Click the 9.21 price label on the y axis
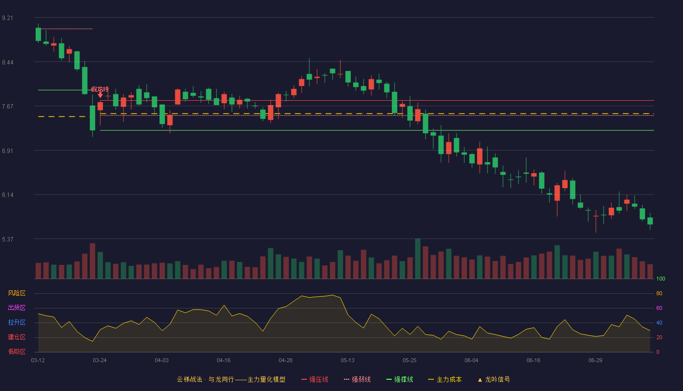[7, 18]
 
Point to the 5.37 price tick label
[7, 239]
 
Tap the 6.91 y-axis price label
[7, 151]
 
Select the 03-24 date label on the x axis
[100, 361]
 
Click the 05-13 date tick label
[347, 361]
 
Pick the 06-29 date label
[596, 361]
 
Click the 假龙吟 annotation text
[100, 89]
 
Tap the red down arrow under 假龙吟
[100, 95]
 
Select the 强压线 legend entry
[315, 379]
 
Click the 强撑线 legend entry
[400, 379]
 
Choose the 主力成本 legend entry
[445, 379]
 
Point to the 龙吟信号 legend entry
[494, 379]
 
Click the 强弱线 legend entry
[357, 379]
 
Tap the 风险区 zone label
[17, 293]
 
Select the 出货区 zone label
[17, 307]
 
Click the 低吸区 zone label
[17, 352]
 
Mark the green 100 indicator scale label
[661, 279]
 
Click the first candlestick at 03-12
[38, 34]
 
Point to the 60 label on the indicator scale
[659, 308]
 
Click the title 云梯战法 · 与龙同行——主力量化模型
[231, 379]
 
